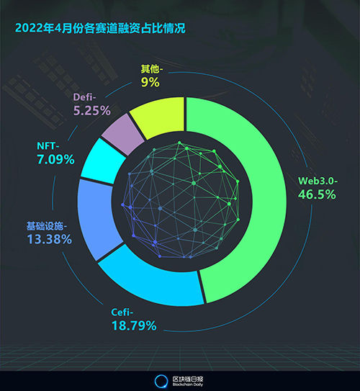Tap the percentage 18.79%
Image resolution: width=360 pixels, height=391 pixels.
(134, 326)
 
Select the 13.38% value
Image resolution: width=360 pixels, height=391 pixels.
(50, 239)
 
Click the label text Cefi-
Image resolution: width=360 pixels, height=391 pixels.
(125, 312)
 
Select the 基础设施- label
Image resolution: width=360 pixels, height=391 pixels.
(50, 225)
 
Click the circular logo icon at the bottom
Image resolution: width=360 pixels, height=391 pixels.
(161, 381)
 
